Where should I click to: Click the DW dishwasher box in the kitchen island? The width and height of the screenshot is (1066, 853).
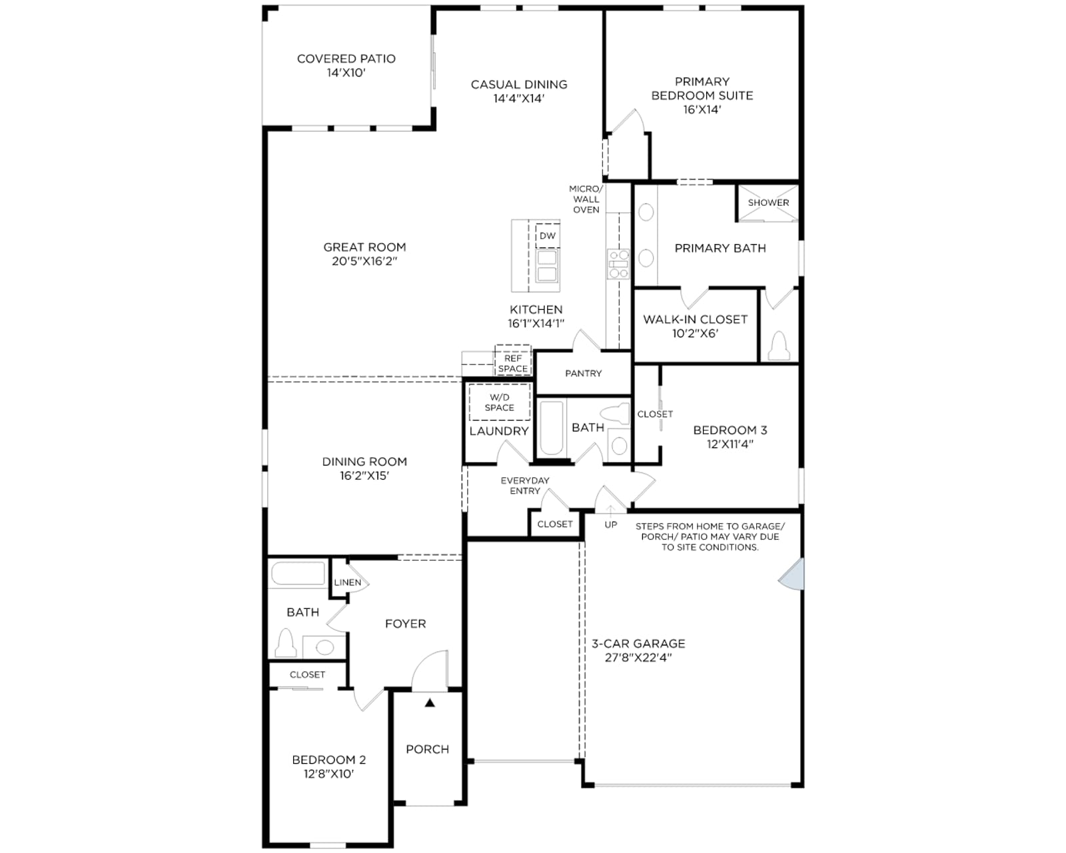tap(548, 236)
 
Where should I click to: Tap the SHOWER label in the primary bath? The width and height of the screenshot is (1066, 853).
tap(768, 203)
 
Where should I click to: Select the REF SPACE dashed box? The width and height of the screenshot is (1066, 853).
tap(513, 361)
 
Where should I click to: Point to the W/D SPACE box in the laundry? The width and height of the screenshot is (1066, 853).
tap(499, 402)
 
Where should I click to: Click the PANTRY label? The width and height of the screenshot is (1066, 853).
tap(584, 373)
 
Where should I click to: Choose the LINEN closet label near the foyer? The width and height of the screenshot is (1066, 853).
tap(347, 582)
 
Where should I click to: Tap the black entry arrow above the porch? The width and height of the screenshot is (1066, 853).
tap(430, 702)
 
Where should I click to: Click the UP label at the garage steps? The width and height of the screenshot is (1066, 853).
tap(611, 524)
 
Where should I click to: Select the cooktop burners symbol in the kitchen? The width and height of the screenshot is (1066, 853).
tap(619, 264)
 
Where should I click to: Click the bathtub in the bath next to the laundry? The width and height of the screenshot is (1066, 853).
tap(552, 428)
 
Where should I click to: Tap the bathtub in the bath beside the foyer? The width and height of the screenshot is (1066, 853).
tap(298, 574)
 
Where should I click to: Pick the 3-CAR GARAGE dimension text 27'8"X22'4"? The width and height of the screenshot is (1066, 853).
tap(638, 658)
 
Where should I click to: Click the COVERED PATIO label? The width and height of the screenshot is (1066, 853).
tap(346, 59)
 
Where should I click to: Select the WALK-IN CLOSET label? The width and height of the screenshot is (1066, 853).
tap(695, 319)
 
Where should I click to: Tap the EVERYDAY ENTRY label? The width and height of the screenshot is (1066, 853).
tap(524, 486)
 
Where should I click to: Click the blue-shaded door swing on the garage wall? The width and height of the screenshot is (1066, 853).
tap(792, 574)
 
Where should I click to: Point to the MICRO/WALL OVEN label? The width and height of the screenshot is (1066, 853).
tap(586, 199)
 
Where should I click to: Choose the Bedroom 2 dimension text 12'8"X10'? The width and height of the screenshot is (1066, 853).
tap(328, 774)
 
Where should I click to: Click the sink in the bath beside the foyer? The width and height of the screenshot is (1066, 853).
tap(324, 647)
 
